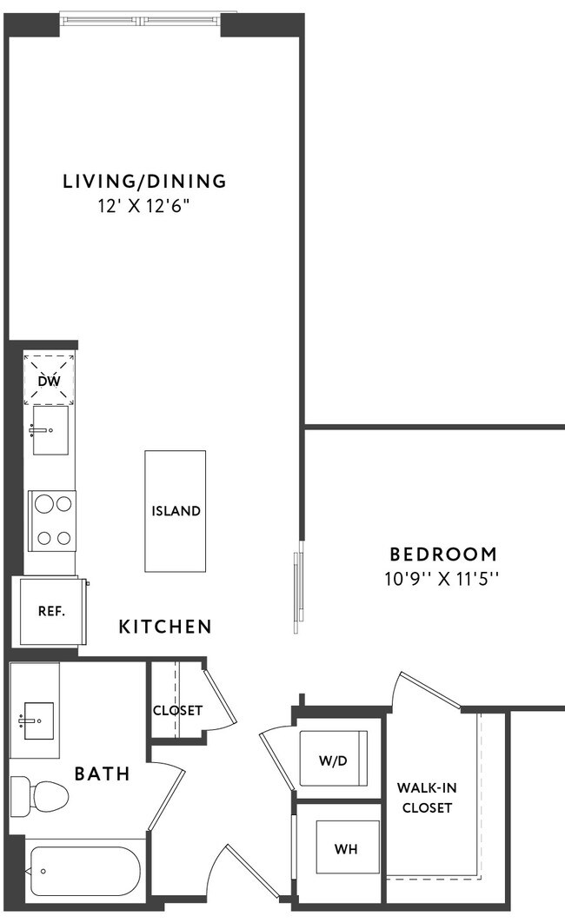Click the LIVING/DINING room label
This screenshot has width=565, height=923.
coord(144,182)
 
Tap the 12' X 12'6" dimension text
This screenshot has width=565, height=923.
coord(144,207)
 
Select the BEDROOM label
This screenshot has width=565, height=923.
coord(443,554)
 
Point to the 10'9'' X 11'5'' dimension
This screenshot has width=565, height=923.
coord(443,579)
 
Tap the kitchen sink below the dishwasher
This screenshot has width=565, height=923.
coord(50,430)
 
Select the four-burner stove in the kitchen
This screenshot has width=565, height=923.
coord(51,520)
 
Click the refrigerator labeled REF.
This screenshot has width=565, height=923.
coord(51,611)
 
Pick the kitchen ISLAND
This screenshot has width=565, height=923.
coord(176,511)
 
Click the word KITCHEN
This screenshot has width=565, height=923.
coord(165,626)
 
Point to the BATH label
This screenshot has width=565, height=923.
coord(102,773)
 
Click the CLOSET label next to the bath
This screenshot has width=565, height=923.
coord(177,710)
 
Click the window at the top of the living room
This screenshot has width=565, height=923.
coord(142,17)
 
